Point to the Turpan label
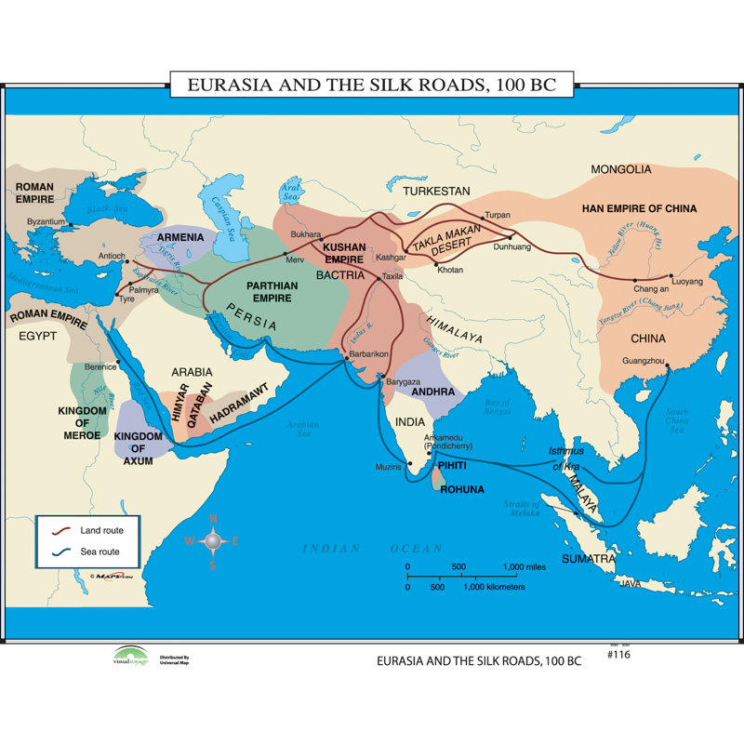coord(498,215)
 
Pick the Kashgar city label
coord(391,257)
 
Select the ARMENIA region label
coord(180,237)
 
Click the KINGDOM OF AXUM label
coord(139,448)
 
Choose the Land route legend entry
coord(101,530)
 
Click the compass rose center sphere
coord(212,540)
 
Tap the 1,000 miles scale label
coord(523,566)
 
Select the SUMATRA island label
coord(588,559)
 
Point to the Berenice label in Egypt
coord(100,367)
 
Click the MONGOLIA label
coord(621,169)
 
